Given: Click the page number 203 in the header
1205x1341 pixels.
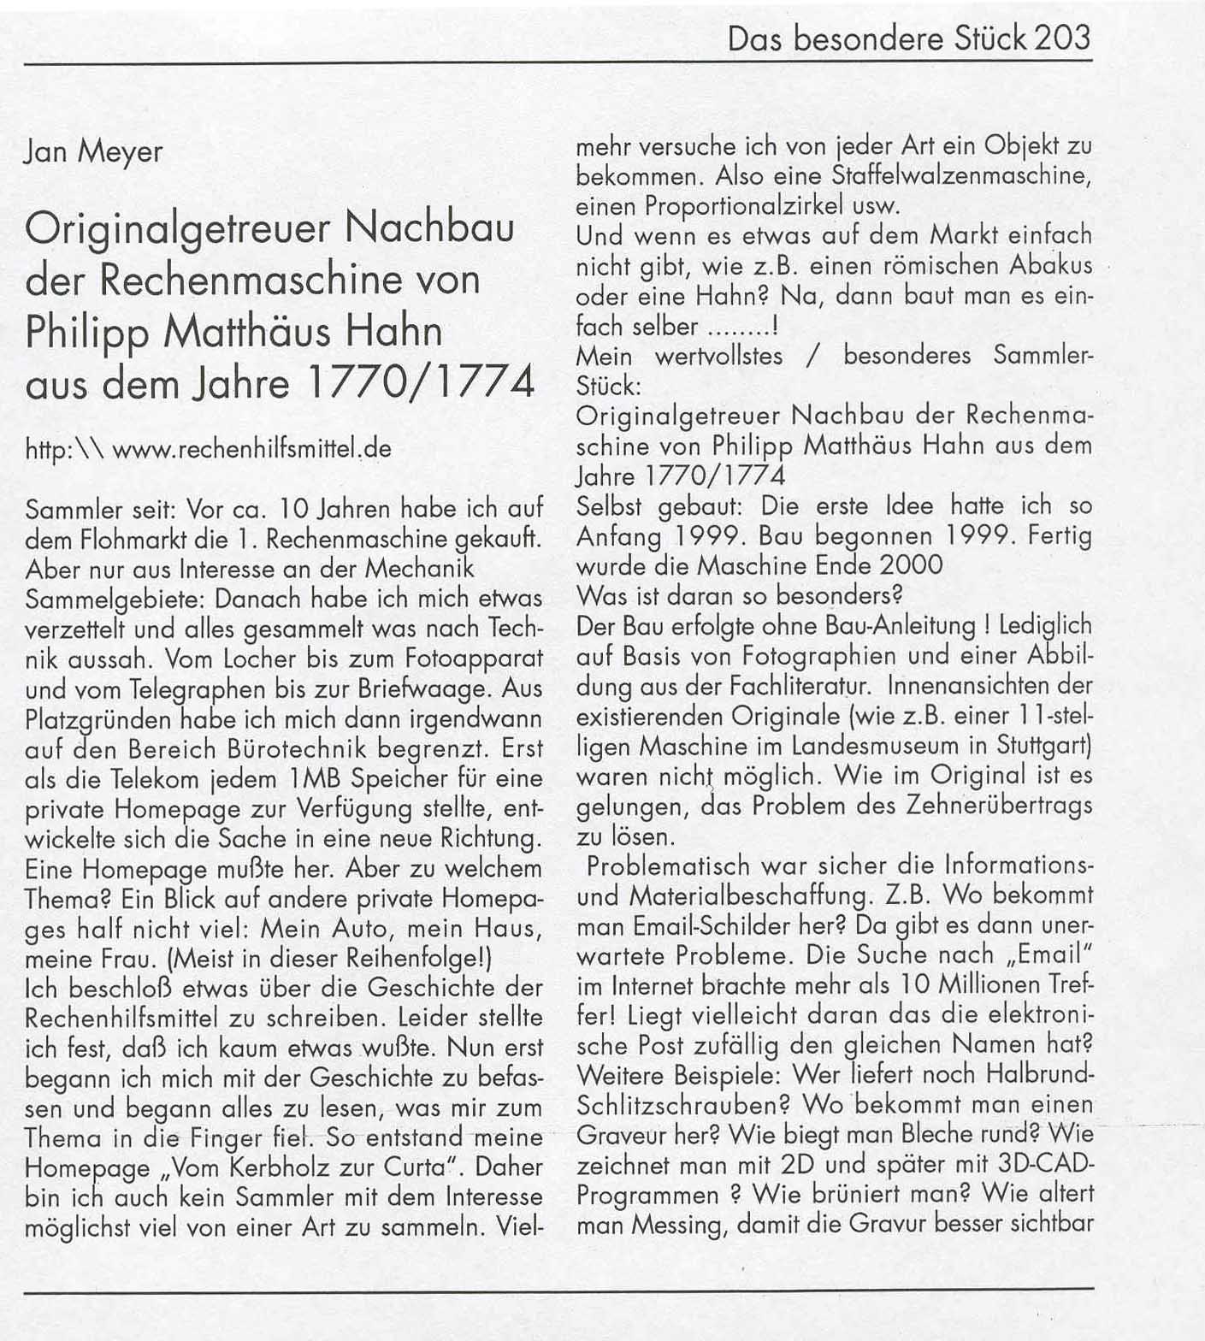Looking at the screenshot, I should (1062, 38).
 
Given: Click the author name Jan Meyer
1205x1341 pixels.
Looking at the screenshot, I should (94, 151).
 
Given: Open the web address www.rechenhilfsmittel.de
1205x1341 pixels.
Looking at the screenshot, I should (251, 448).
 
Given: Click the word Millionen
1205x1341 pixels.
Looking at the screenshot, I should (975, 984).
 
